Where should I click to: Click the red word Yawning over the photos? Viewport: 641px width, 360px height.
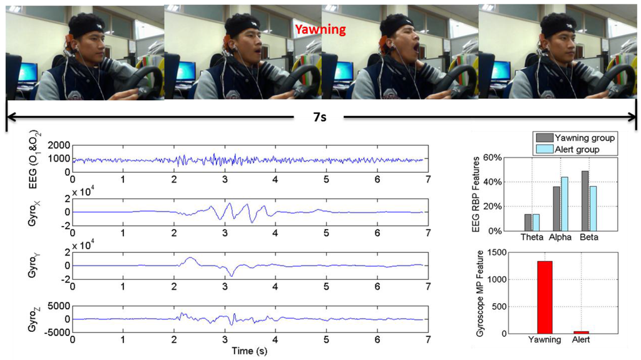point(320,29)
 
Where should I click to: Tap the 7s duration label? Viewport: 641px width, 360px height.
point(320,116)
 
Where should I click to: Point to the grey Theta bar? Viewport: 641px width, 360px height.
point(528,222)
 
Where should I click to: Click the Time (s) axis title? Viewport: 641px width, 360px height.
point(250,351)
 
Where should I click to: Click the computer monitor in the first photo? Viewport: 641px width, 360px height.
point(27,73)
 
